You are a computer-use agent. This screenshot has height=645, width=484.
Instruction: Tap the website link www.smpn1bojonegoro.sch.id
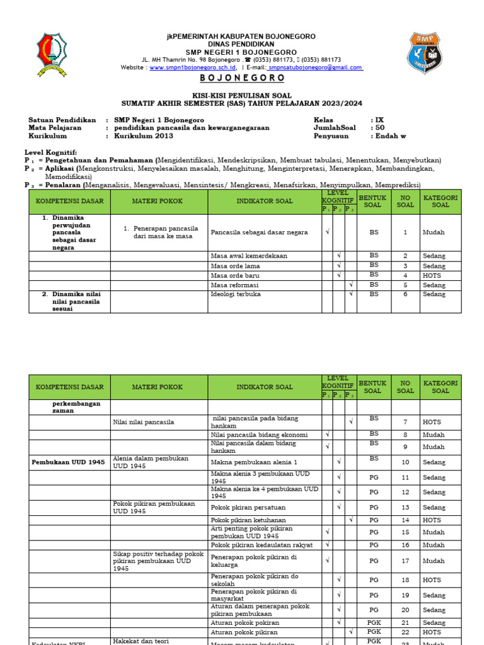(x=192, y=67)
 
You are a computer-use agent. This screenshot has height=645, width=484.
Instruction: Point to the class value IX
(x=379, y=119)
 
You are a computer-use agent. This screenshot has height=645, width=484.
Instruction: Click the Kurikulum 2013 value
(x=142, y=135)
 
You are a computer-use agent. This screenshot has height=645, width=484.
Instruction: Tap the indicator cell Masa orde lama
(x=236, y=266)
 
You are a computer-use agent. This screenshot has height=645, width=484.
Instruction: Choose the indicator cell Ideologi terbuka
(x=236, y=294)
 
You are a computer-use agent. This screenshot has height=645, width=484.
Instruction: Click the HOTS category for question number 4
(x=432, y=275)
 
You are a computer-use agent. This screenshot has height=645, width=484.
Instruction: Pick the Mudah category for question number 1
(x=434, y=232)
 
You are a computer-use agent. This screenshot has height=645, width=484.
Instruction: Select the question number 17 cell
(x=405, y=561)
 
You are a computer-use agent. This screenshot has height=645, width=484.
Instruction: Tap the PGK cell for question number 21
(x=374, y=622)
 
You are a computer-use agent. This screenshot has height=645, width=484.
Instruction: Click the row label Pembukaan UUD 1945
(x=69, y=462)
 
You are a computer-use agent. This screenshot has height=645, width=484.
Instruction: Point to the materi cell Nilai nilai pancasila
(x=143, y=422)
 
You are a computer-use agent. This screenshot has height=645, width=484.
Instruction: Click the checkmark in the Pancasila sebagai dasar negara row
(x=327, y=232)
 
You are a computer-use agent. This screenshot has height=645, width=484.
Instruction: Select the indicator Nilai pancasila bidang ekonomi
(x=260, y=435)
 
